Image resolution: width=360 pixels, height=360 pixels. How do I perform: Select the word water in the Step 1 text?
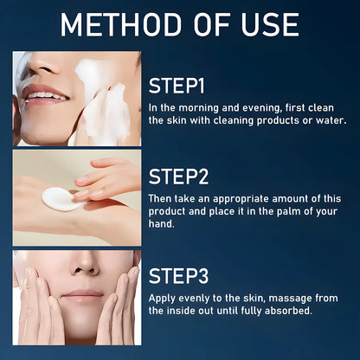(327, 120)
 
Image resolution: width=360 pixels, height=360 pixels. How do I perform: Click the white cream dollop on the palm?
(58, 197)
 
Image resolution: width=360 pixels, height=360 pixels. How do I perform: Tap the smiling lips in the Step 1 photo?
(44, 93)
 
